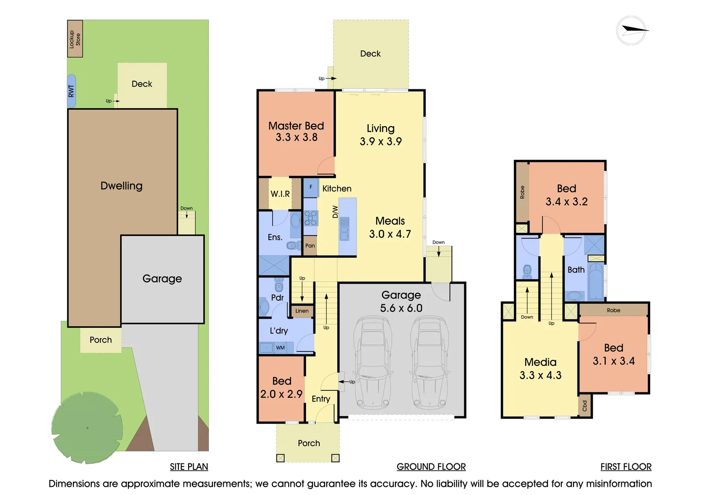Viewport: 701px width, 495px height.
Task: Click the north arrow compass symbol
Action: pyautogui.click(x=632, y=31)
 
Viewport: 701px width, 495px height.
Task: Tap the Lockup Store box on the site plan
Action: pyautogui.click(x=75, y=39)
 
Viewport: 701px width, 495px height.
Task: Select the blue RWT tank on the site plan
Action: pyautogui.click(x=71, y=91)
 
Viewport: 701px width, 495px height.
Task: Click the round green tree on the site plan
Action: pyautogui.click(x=87, y=428)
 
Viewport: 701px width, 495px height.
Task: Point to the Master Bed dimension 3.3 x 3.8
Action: pyautogui.click(x=296, y=137)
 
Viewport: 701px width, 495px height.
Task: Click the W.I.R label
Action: pyautogui.click(x=280, y=194)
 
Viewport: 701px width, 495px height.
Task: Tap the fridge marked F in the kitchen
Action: pyautogui.click(x=311, y=187)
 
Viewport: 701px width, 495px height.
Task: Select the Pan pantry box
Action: pyautogui.click(x=310, y=246)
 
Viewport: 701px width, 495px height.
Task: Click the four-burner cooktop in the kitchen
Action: pyautogui.click(x=311, y=218)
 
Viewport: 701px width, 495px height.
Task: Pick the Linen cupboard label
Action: pyautogui.click(x=302, y=311)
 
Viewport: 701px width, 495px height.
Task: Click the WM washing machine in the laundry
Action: pyautogui.click(x=280, y=348)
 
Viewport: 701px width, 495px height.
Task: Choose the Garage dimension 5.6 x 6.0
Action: pyautogui.click(x=401, y=308)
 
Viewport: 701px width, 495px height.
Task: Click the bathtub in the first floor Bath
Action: pyautogui.click(x=596, y=281)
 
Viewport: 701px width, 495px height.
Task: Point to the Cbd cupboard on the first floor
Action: pyautogui.click(x=584, y=406)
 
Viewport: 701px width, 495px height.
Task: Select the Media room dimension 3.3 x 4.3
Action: pyautogui.click(x=540, y=375)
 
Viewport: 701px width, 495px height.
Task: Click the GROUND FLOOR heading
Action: pyautogui.click(x=431, y=467)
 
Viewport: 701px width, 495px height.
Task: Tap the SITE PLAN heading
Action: pyautogui.click(x=189, y=467)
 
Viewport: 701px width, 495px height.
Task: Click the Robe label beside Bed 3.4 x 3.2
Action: pyautogui.click(x=522, y=192)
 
